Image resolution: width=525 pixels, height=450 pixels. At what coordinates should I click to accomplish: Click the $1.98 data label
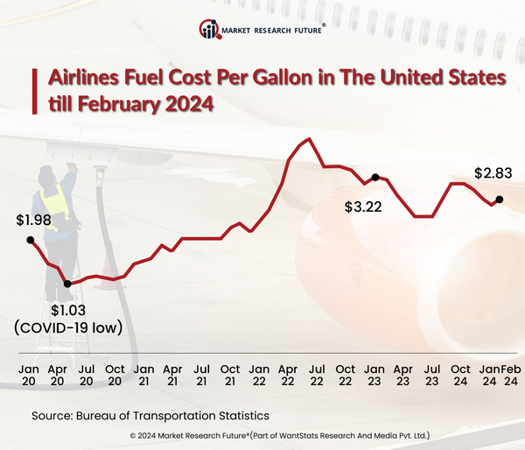pos(33,219)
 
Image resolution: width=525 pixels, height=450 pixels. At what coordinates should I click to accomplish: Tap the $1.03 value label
pos(68,309)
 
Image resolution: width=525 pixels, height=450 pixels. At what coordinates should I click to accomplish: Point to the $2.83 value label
pos(492,173)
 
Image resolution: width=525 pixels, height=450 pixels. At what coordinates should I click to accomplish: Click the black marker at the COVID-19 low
pos(67,283)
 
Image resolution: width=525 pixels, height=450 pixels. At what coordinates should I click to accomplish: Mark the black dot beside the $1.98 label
pos(31,239)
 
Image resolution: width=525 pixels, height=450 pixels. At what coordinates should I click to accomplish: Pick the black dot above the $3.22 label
pos(375,178)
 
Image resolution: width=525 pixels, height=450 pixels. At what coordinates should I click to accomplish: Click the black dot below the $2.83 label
pos(500,199)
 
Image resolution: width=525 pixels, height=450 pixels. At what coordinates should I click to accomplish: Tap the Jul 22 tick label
pos(317,376)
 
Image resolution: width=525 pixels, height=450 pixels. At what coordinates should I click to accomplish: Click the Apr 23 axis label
pos(402,376)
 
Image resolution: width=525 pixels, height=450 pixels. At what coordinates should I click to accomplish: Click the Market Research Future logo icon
pos(210,31)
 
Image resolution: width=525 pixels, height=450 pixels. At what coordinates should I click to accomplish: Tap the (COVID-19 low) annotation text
pos(67,327)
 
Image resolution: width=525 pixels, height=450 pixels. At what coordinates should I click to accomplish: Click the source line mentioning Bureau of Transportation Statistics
pos(150,415)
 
